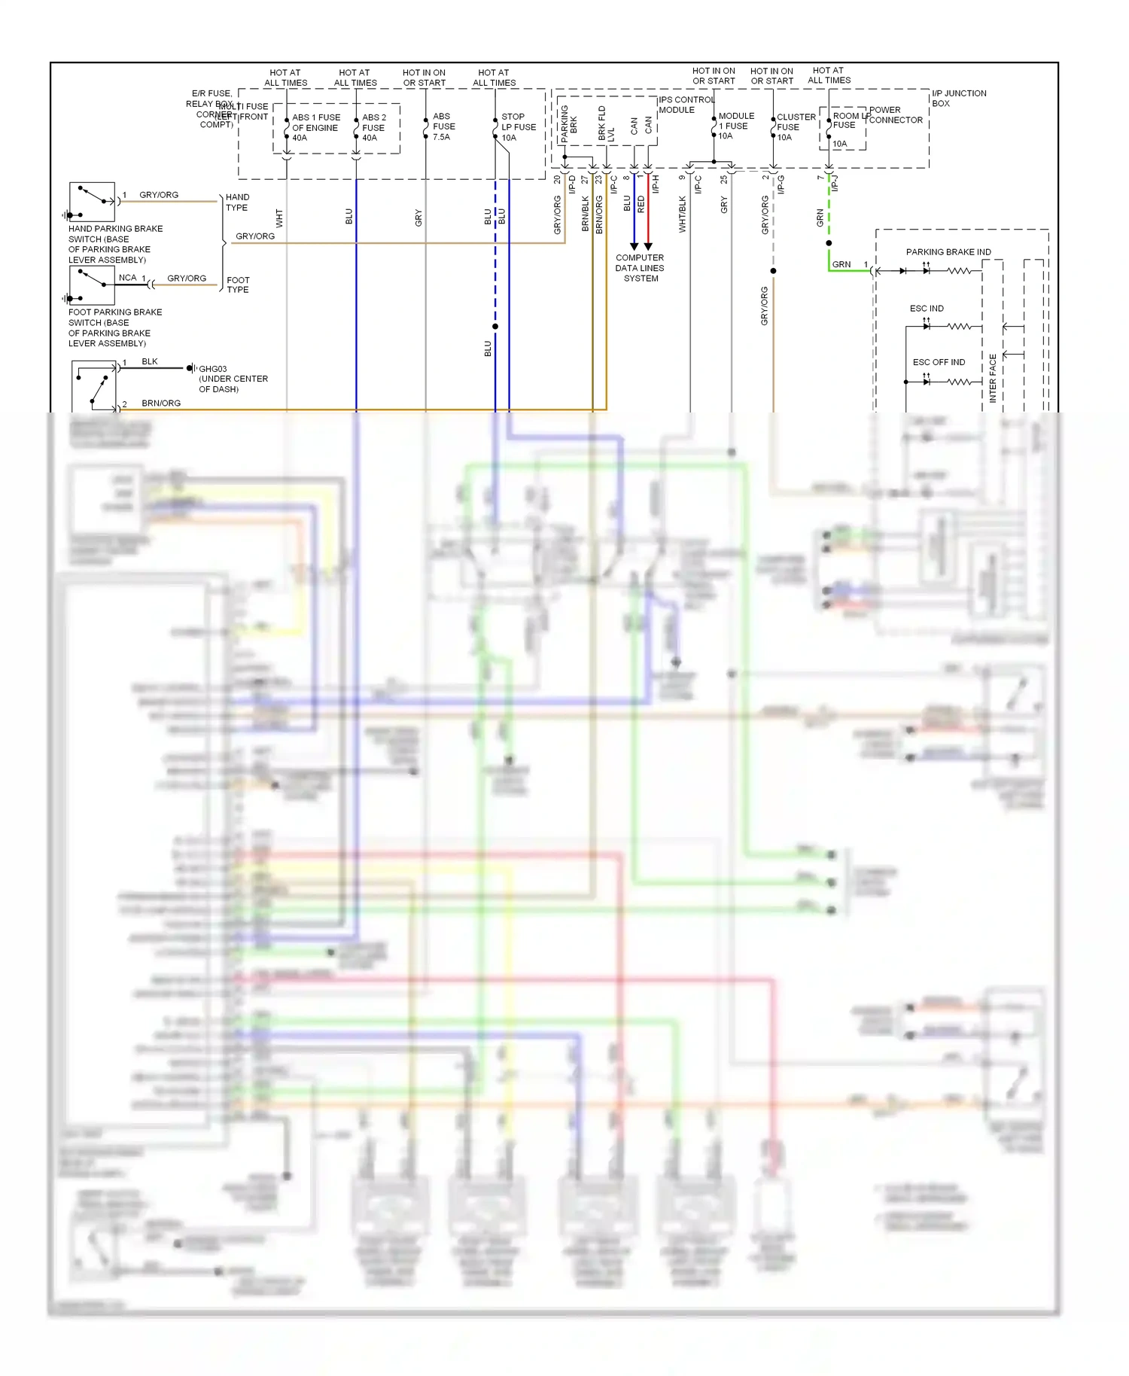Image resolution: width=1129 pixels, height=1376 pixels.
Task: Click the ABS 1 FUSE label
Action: click(315, 127)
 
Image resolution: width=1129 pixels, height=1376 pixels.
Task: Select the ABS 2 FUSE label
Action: click(373, 127)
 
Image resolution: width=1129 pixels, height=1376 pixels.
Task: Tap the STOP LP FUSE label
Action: click(518, 127)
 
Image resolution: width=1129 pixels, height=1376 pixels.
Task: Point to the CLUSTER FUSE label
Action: click(796, 126)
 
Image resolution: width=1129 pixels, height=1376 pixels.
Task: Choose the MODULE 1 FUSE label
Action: click(735, 126)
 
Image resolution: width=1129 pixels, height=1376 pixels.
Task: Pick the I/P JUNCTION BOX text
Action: click(958, 98)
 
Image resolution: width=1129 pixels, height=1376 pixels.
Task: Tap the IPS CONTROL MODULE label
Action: click(686, 105)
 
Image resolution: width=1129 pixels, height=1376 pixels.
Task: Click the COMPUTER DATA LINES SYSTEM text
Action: click(640, 268)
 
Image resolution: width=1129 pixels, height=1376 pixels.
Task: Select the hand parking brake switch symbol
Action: click(92, 201)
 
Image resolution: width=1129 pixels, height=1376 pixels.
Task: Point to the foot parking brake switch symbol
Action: click(92, 285)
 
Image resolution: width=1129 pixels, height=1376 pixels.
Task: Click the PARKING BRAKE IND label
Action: click(948, 251)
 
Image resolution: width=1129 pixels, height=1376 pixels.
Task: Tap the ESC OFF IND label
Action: click(938, 362)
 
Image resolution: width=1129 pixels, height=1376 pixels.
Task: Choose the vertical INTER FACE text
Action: click(992, 378)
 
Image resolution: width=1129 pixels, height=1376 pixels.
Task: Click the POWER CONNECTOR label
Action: click(895, 114)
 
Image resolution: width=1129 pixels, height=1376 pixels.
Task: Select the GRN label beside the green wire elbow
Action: click(841, 264)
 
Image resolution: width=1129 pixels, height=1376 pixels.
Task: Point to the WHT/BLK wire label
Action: click(683, 214)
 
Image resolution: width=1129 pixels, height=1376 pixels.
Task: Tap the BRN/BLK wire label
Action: click(585, 213)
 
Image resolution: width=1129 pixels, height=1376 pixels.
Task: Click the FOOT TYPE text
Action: click(238, 285)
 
